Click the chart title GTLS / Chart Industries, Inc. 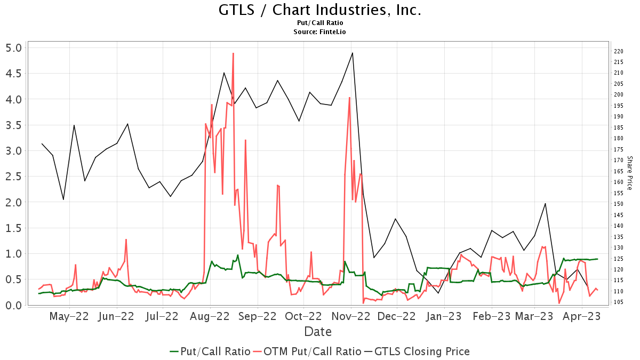[x=320, y=10]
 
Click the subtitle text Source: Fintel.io [x=320, y=32]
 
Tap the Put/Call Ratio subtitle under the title [x=320, y=23]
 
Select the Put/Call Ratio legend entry [x=210, y=351]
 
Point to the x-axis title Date [x=318, y=332]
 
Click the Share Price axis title [x=629, y=173]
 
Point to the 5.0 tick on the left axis [x=14, y=47]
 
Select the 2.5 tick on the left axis [x=14, y=176]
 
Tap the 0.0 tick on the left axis [x=14, y=305]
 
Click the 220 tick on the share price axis [x=619, y=51]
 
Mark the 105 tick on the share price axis [x=619, y=302]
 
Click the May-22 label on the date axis [x=69, y=316]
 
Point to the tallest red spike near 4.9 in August [x=233, y=53]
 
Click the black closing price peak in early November [x=353, y=53]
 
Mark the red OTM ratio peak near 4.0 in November [x=349, y=98]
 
